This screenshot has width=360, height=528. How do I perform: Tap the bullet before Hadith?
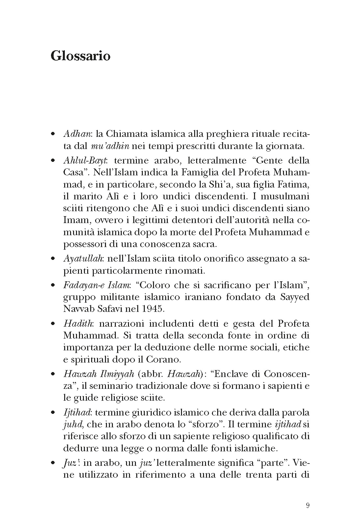(x=53, y=324)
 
